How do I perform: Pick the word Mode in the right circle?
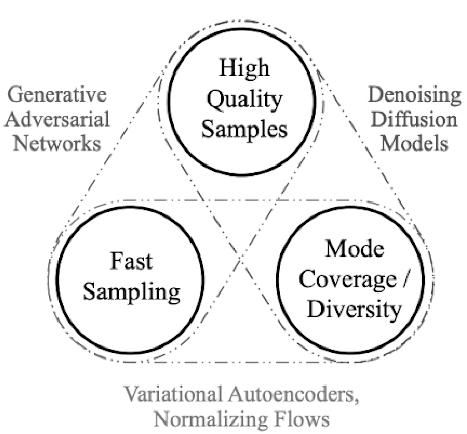(x=354, y=249)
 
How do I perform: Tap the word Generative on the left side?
(x=57, y=95)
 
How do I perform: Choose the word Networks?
(x=57, y=144)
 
